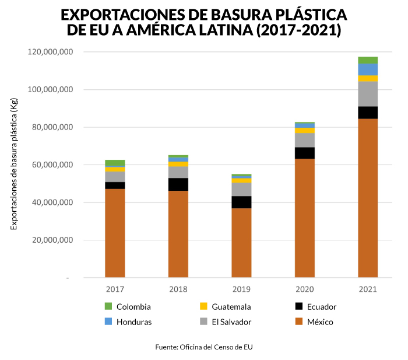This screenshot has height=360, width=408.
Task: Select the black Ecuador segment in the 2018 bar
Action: pos(178,184)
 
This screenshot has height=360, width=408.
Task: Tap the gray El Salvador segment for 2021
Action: pos(367,94)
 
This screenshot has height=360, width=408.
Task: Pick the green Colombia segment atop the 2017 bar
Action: pos(115,163)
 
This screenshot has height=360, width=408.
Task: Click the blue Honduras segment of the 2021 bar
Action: pos(367,69)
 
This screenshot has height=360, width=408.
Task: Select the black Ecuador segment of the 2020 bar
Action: pos(304,153)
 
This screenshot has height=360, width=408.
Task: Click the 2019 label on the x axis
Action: pos(241,289)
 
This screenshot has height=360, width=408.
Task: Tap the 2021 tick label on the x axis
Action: pos(368,289)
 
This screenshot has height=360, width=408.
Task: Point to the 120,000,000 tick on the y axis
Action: pos(50,53)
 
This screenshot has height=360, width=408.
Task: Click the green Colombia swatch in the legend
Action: pos(108,306)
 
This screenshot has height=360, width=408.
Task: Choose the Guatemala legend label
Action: pos(231,306)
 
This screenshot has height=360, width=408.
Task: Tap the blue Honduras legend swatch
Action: pos(108,321)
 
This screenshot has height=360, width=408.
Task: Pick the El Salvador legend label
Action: pos(231,321)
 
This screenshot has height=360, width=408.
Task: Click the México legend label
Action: pos(320,321)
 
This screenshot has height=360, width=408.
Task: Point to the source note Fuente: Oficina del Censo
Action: pos(203,347)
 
